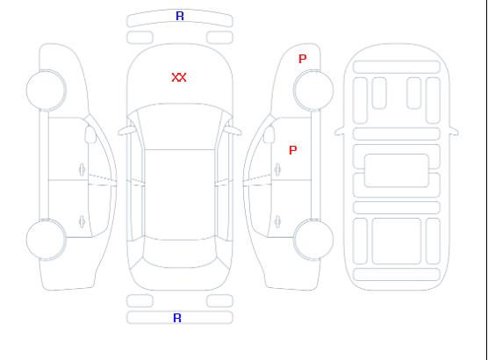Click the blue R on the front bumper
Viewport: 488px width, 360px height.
click(180, 16)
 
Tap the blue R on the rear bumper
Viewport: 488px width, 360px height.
click(177, 318)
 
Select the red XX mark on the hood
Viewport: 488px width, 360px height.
click(179, 77)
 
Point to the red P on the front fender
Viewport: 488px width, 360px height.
click(302, 59)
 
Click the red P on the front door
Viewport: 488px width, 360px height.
click(293, 150)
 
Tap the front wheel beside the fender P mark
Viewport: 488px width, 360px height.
click(313, 90)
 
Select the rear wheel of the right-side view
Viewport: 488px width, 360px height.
click(313, 240)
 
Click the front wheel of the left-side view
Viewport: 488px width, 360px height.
click(46, 90)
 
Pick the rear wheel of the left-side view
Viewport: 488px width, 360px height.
click(46, 240)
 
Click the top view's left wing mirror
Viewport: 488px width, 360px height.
click(126, 131)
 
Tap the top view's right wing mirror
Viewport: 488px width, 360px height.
click(233, 131)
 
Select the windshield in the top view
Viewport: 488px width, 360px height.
click(180, 125)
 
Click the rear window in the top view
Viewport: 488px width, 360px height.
click(180, 253)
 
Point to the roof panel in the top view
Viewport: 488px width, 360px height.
click(180, 195)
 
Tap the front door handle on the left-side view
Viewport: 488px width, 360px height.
click(82, 169)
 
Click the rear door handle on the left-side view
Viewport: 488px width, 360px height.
click(82, 221)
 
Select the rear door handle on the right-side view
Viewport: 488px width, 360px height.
click(277, 221)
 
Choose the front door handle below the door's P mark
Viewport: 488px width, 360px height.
click(277, 169)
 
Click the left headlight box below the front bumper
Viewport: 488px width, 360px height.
click(140, 38)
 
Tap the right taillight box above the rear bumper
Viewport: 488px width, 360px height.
click(219, 301)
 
